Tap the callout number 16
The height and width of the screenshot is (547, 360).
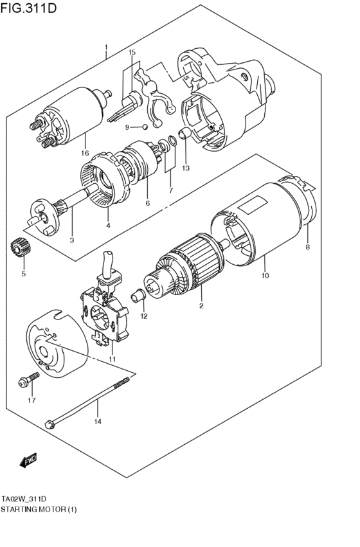click(x=84, y=153)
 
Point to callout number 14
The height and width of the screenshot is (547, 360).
click(x=98, y=422)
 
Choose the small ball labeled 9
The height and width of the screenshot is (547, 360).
click(x=147, y=127)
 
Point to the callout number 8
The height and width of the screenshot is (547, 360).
click(x=307, y=247)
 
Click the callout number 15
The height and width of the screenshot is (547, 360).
click(x=132, y=52)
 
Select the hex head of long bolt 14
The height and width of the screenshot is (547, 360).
click(x=50, y=422)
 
